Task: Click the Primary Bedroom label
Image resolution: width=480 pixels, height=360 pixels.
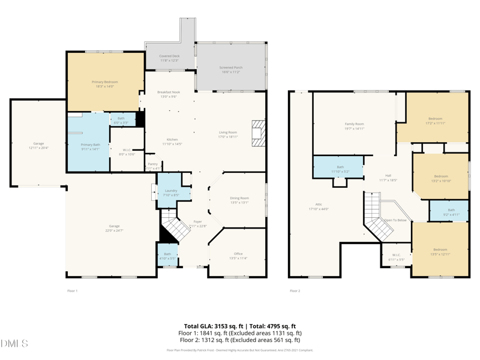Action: tap(104, 82)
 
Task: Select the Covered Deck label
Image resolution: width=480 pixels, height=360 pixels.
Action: tap(169, 56)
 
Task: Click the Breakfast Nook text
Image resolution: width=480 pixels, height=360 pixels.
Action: tap(169, 92)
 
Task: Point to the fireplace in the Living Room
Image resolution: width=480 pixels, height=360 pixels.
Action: tap(258, 133)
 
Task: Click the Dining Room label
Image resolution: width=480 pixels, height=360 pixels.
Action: tap(239, 198)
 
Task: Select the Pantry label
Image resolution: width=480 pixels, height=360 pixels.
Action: tap(152, 164)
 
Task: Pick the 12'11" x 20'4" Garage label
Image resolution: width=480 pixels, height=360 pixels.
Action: tap(38, 144)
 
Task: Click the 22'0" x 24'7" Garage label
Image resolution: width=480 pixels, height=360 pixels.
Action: tap(114, 226)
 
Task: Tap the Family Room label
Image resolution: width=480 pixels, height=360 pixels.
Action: tap(354, 124)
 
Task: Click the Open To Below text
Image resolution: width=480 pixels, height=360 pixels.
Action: tap(395, 220)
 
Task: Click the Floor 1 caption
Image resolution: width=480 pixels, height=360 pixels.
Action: tap(72, 291)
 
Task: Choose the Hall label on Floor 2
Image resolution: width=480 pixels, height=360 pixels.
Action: tap(388, 176)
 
